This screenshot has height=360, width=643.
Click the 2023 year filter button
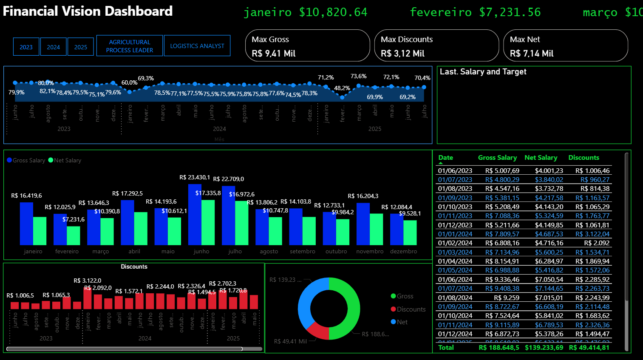[26, 47]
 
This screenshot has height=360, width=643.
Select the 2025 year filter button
[80, 47]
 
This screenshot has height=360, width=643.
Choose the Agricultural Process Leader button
[129, 46]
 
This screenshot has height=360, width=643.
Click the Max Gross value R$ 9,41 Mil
[273, 54]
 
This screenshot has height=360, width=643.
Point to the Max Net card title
[524, 40]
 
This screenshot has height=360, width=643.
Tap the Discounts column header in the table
[584, 158]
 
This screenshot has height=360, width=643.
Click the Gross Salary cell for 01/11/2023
[502, 216]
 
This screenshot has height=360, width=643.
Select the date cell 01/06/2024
[455, 279]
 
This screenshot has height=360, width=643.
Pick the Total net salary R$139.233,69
[544, 348]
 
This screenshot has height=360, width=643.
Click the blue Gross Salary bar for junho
[195, 215]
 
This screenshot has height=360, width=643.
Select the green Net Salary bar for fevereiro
[74, 235]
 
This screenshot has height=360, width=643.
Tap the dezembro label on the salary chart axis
[403, 252]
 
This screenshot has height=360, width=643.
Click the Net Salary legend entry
[65, 160]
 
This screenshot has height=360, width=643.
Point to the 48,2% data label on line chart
[342, 88]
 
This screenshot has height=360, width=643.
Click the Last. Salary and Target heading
[483, 72]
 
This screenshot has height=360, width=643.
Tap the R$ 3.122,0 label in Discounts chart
[87, 281]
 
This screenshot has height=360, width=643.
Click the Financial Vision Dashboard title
[88, 11]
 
